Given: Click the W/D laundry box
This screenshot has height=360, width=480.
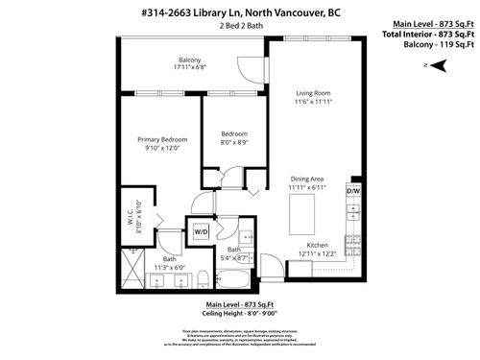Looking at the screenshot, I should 201,231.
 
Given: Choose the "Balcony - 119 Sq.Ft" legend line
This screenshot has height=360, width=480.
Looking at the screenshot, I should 428,43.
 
